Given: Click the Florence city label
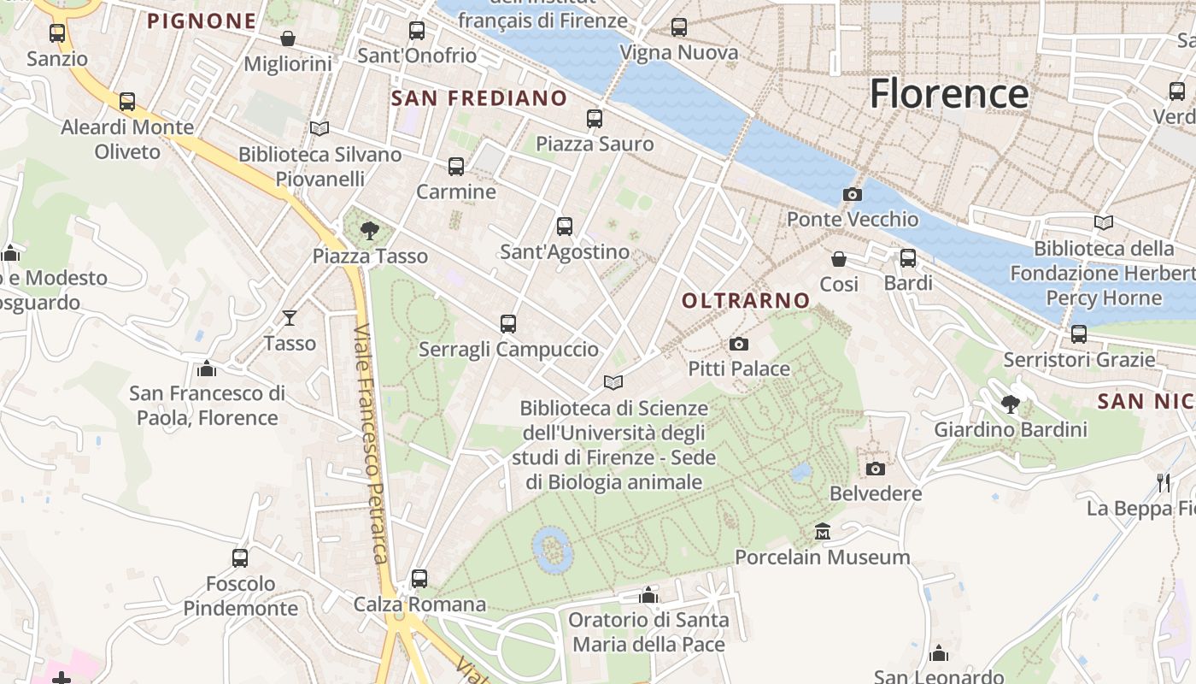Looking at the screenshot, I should point(948,93).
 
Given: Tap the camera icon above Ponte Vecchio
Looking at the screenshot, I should point(852,195).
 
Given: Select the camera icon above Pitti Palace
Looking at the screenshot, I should point(739,345).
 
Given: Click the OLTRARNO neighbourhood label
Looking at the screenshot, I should point(746,300).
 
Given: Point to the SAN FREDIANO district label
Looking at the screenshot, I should point(478,98).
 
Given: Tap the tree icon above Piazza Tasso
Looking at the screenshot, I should point(370,230).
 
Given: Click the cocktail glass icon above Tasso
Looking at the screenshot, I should point(290,318).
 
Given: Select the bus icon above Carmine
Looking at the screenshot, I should point(456,166).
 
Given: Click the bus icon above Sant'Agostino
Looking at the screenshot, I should point(565,227).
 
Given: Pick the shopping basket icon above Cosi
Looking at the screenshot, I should point(839,258).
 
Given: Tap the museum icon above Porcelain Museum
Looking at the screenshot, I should point(823,532).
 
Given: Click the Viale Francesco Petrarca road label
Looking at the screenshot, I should point(371,445).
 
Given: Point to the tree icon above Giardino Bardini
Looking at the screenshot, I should point(1011,404).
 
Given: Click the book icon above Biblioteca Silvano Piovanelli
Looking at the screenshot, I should point(320,128).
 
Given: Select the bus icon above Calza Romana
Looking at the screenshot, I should point(419,579).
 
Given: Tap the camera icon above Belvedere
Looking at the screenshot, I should point(876,469).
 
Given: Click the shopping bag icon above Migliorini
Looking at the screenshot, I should point(288,38).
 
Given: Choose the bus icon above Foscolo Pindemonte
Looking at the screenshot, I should point(240,558).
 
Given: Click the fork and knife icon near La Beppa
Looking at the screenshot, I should point(1164,482).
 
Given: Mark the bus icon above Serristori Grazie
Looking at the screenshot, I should point(1079,334).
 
